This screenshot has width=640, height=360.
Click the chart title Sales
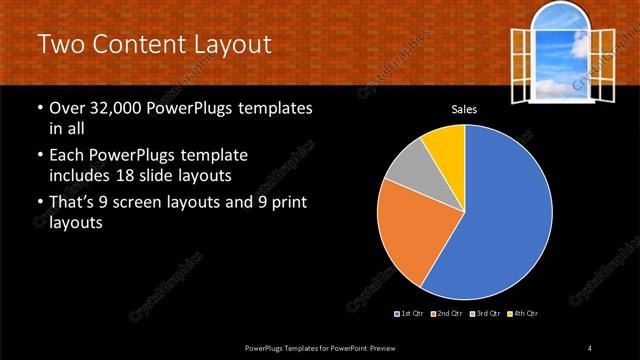point(463,109)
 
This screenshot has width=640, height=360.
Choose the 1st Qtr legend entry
point(411,314)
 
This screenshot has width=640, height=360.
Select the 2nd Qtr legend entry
point(446,314)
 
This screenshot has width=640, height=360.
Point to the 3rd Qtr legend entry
point(484,314)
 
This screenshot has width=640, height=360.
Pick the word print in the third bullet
point(282,204)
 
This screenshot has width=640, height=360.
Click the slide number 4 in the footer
point(590,347)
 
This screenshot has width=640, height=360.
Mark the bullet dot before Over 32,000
point(39,108)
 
